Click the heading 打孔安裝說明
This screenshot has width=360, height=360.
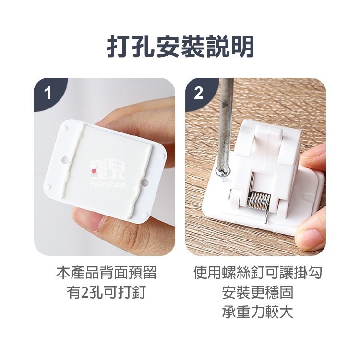click(180, 46)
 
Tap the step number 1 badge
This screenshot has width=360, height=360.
click(48, 93)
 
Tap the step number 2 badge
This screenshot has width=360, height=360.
click(199, 93)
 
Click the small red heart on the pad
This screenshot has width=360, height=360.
click(94, 171)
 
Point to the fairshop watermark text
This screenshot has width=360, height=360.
click(108, 184)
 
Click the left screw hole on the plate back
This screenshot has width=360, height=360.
click(65, 159)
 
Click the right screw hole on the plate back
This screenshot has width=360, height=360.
click(145, 182)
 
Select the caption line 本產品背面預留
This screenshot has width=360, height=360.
click(106, 273)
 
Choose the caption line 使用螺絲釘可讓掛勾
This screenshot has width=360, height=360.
click(257, 273)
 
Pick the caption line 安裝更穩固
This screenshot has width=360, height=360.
click(257, 292)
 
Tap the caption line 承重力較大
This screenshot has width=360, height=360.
click(257, 312)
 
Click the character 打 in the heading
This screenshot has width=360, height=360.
click(118, 46)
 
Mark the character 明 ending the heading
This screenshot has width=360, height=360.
click(242, 46)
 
